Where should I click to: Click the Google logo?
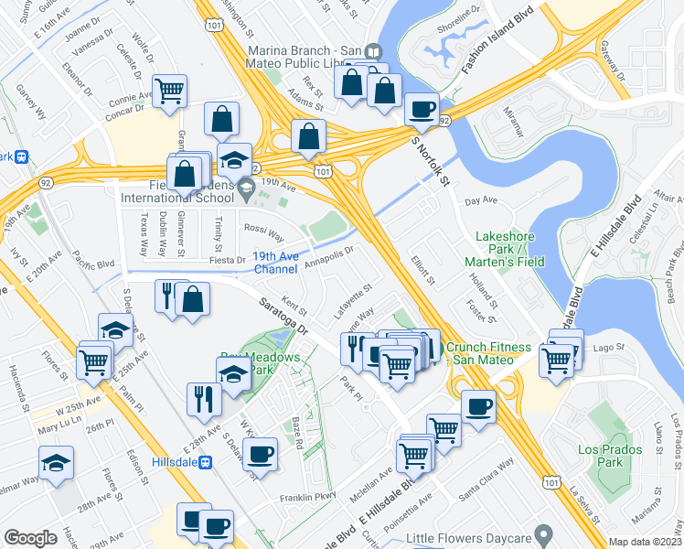(x=31, y=538)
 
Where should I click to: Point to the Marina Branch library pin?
(x=372, y=53)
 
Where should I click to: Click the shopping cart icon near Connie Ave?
(x=169, y=91)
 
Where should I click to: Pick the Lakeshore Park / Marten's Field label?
(x=509, y=249)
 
